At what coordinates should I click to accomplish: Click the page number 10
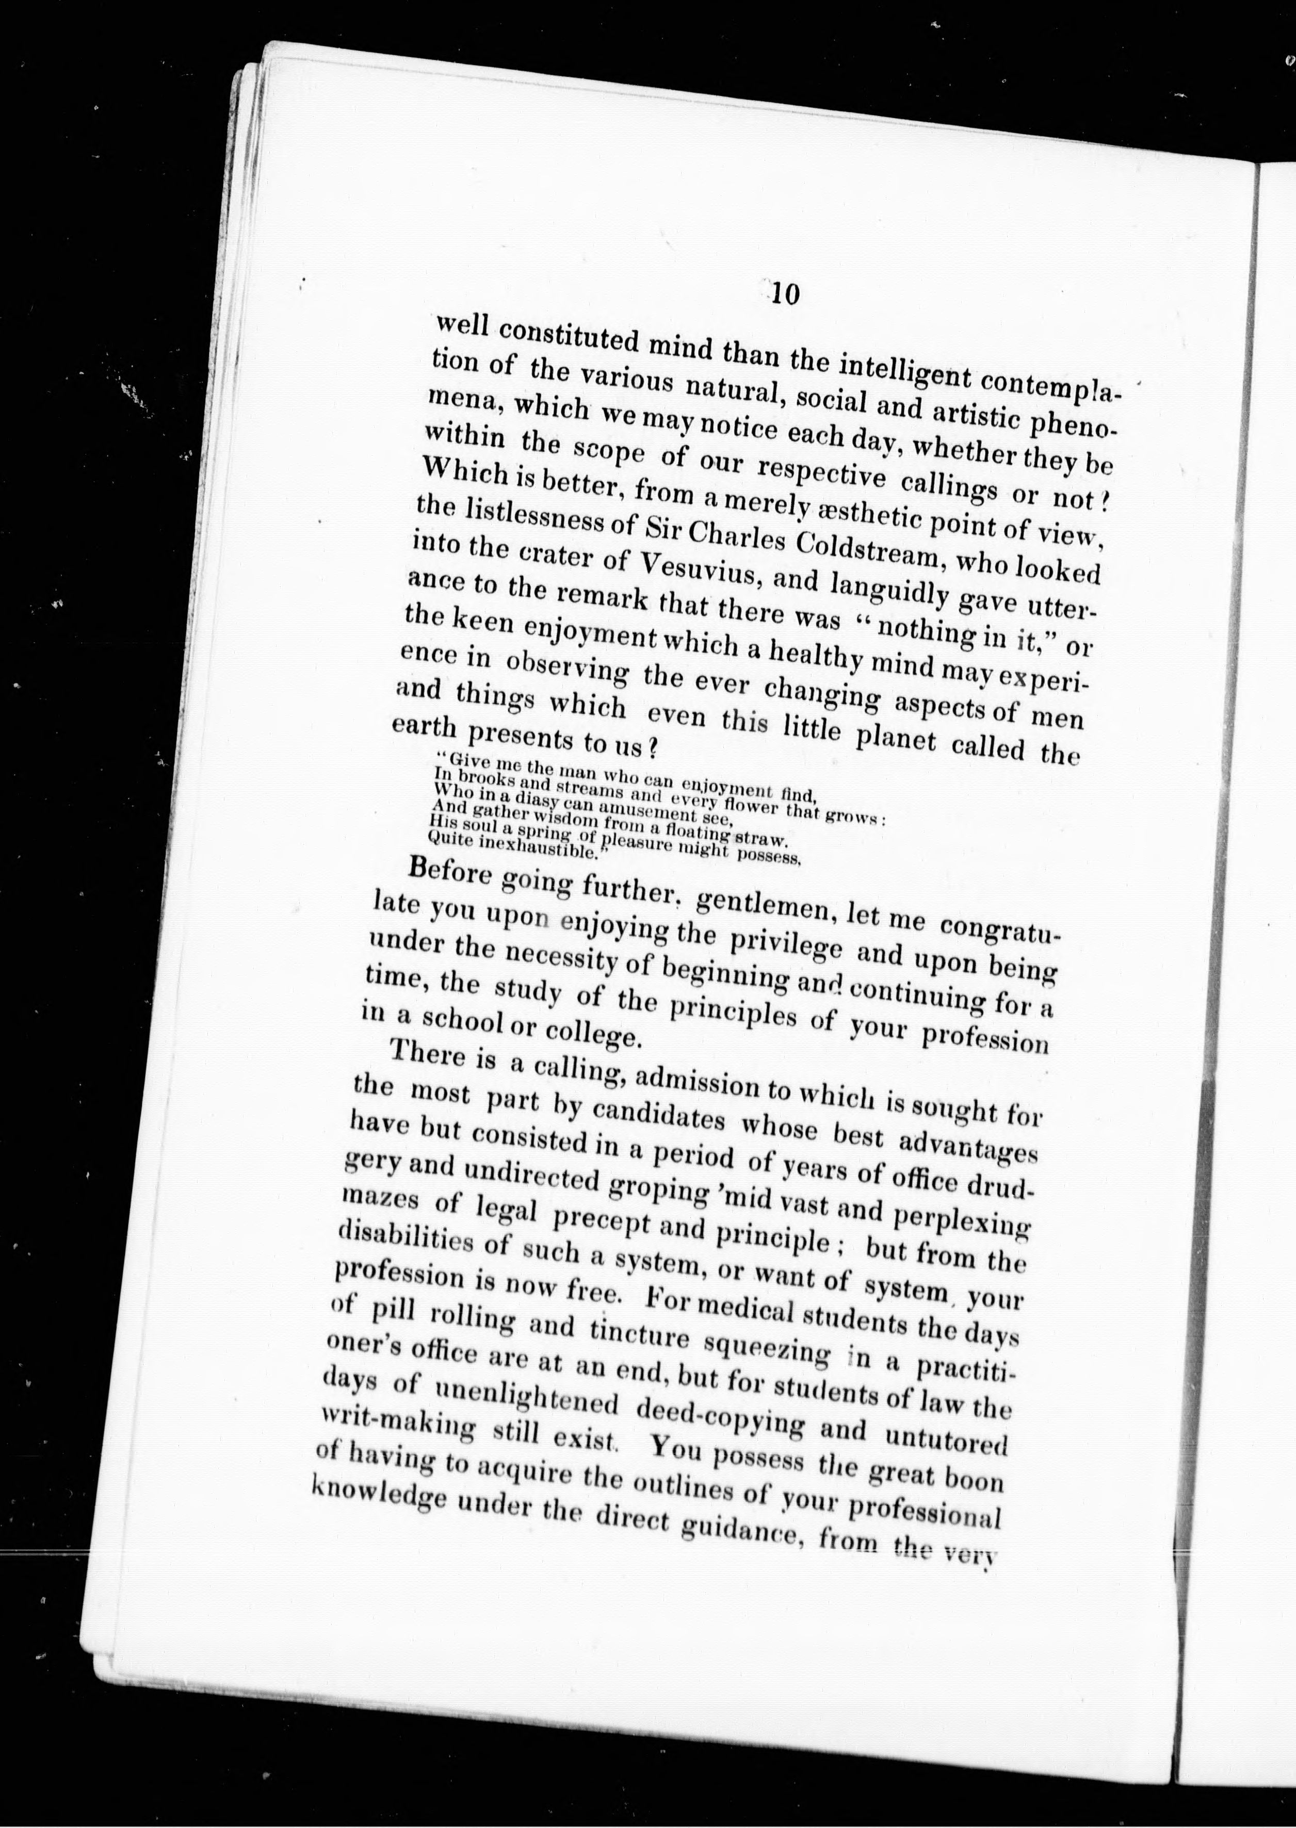tap(784, 295)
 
